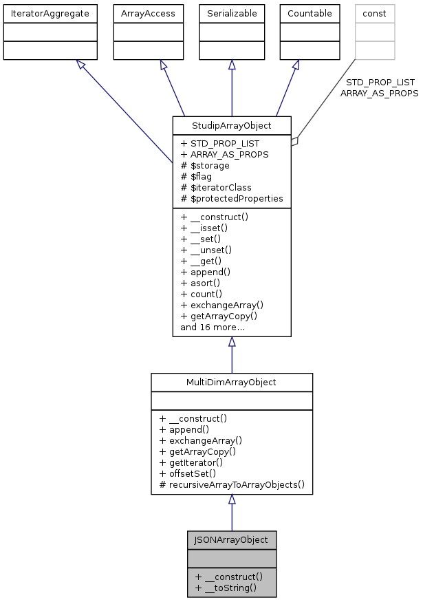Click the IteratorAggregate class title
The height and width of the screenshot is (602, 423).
tap(50, 13)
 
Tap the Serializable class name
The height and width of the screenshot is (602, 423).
tap(232, 13)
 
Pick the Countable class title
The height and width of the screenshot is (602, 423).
tap(310, 13)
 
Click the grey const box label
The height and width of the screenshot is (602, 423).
tap(375, 13)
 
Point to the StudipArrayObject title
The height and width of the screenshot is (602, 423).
tap(232, 126)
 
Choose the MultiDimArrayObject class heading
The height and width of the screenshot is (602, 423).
tap(232, 383)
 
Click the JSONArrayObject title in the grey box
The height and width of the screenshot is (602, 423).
tap(232, 539)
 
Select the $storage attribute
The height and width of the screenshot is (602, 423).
tap(205, 165)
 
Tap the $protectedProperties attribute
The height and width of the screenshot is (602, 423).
tap(232, 198)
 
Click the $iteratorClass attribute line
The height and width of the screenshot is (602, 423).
tap(216, 187)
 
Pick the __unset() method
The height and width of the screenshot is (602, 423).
tap(206, 250)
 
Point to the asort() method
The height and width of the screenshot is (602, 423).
tap(200, 283)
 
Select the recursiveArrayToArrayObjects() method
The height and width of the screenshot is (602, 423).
tap(232, 484)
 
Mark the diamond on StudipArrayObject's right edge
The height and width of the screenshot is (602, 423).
tap(294, 142)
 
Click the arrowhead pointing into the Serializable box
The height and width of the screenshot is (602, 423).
tap(232, 65)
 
